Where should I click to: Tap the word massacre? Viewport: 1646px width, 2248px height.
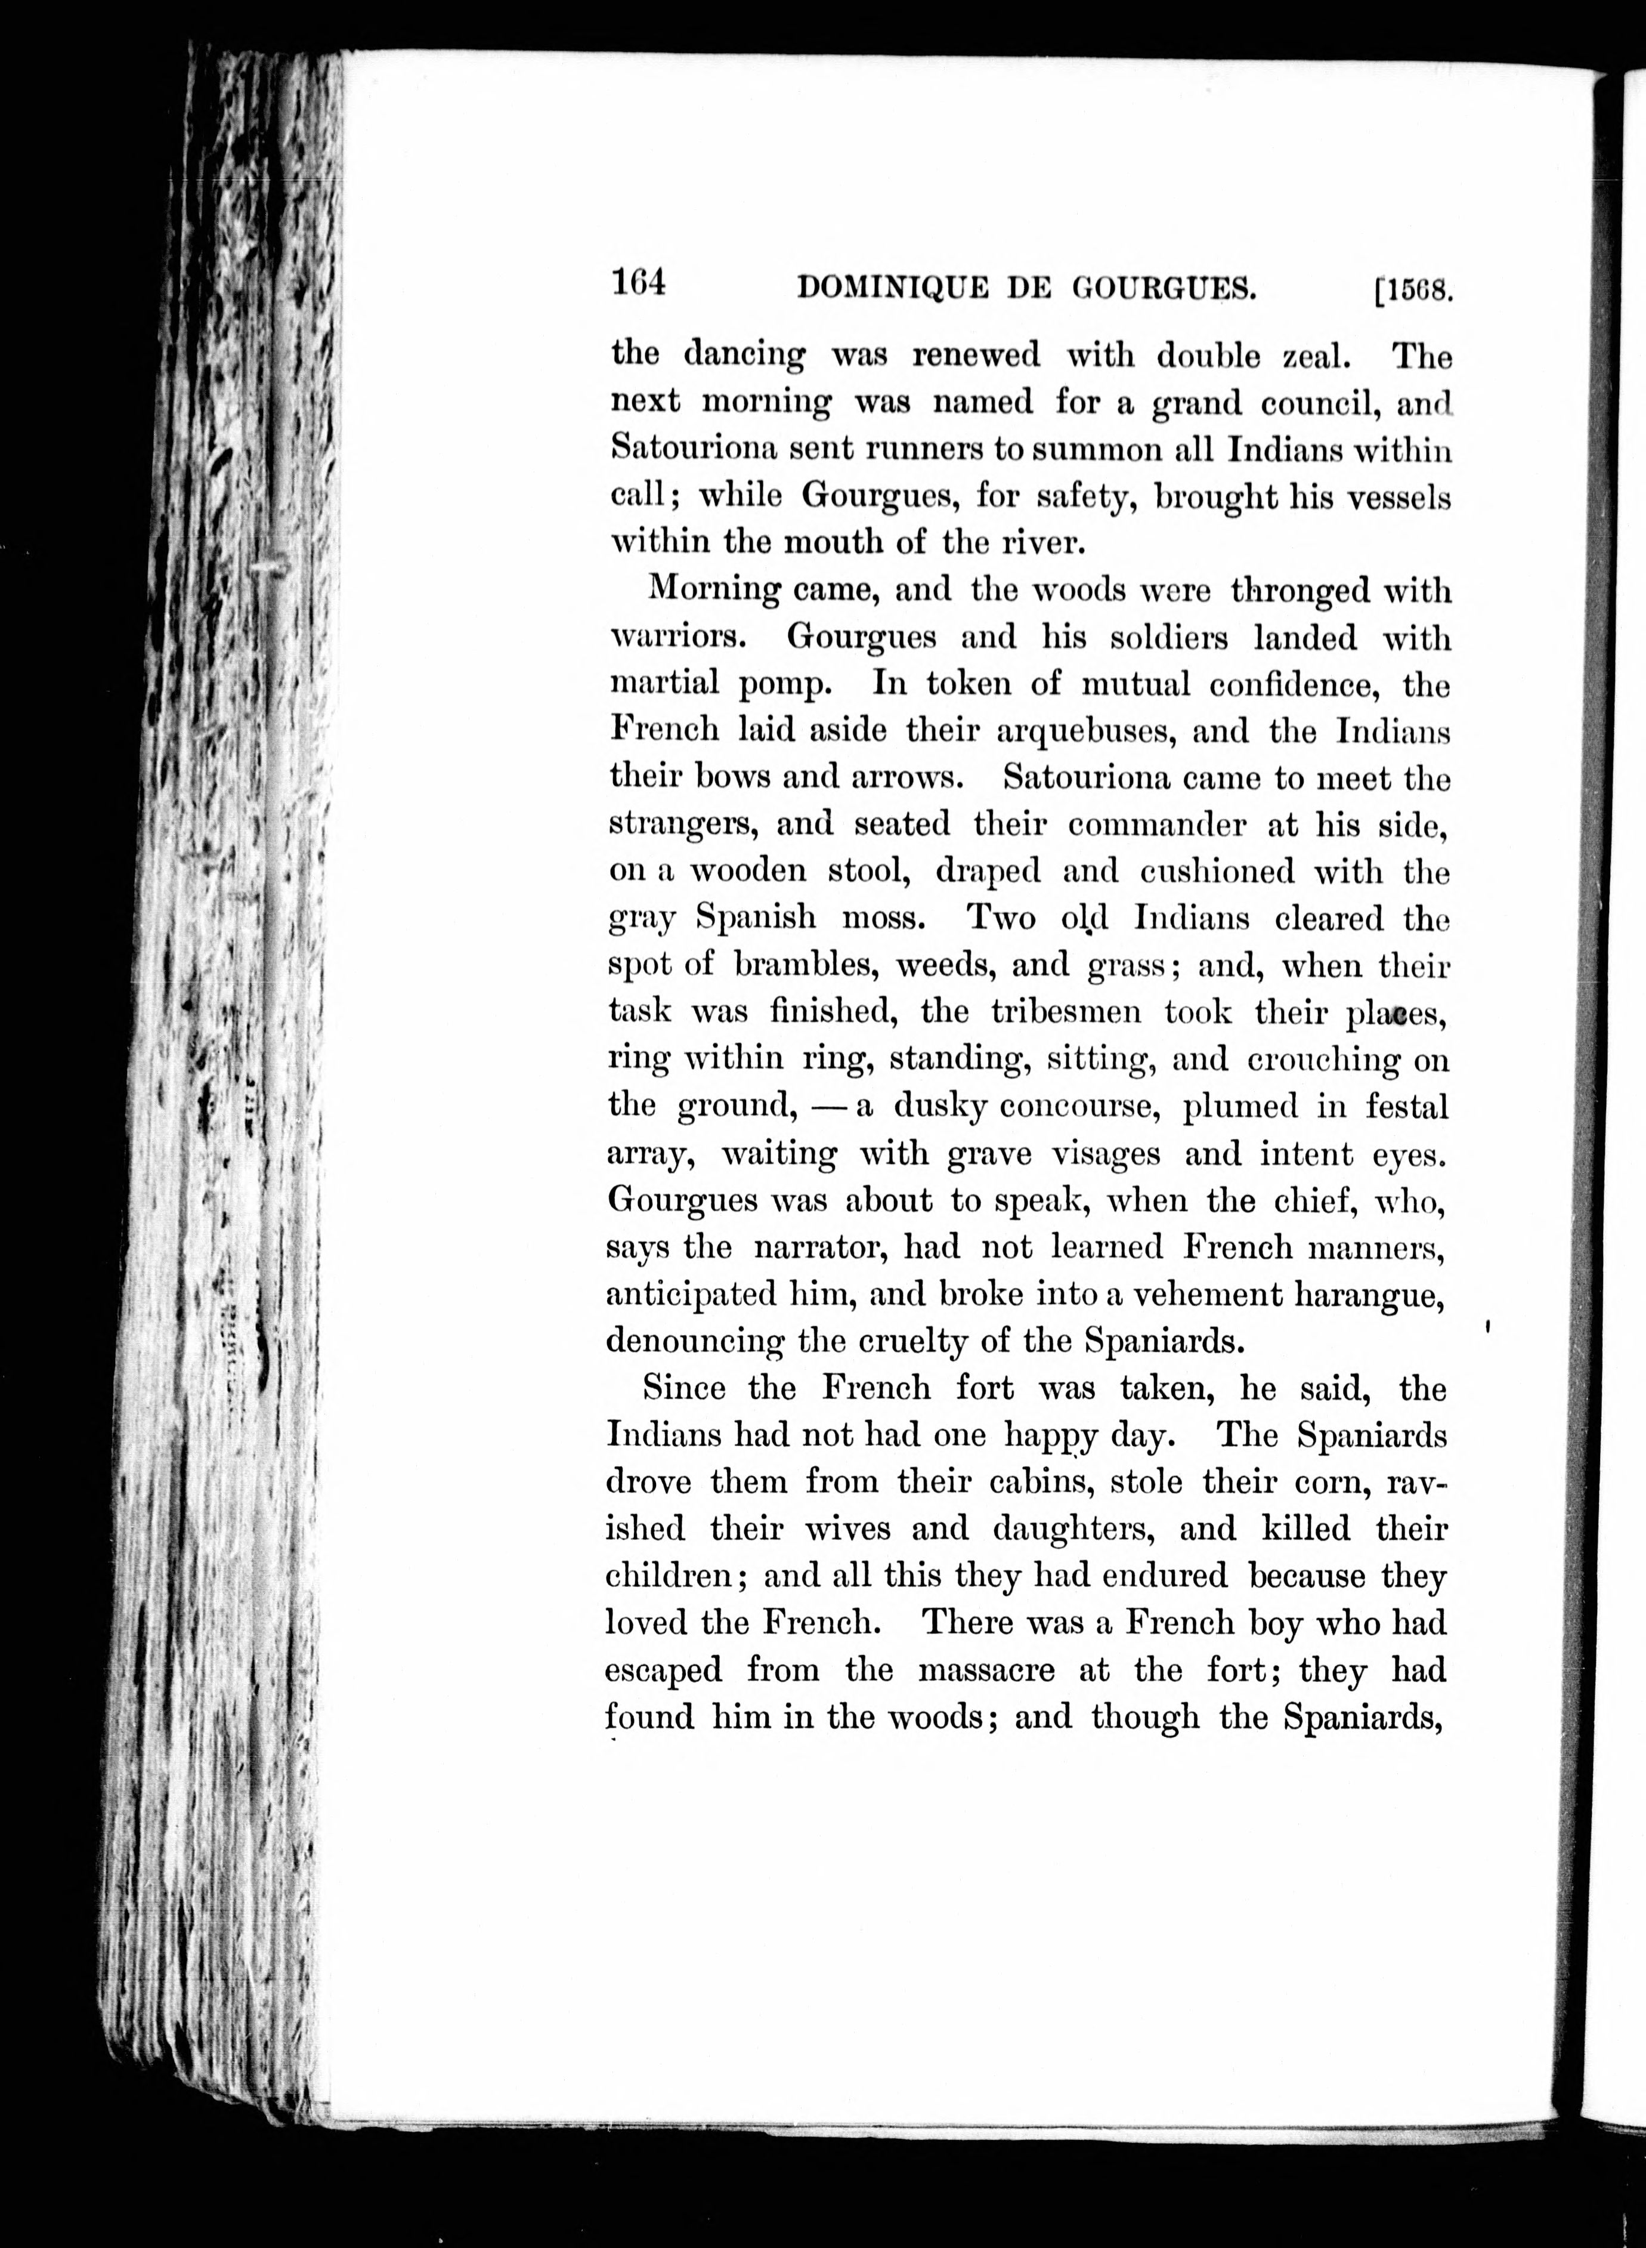coord(986,1670)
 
